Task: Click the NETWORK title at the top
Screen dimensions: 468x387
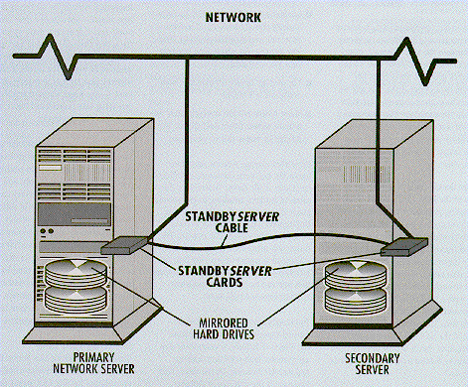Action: pyautogui.click(x=234, y=18)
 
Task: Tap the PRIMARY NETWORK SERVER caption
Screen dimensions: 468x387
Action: pyautogui.click(x=93, y=363)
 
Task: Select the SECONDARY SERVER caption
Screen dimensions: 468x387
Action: pyautogui.click(x=373, y=364)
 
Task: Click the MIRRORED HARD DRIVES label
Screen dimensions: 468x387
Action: pyautogui.click(x=224, y=328)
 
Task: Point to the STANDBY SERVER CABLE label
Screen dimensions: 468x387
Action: pyautogui.click(x=232, y=222)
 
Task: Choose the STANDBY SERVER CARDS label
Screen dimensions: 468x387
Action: pyautogui.click(x=225, y=277)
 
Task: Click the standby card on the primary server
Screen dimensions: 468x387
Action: pyautogui.click(x=123, y=245)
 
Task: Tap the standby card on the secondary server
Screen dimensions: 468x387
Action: pyautogui.click(x=404, y=247)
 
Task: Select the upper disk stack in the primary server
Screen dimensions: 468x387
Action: pyautogui.click(x=77, y=274)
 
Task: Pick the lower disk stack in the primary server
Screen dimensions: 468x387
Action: pyautogui.click(x=77, y=300)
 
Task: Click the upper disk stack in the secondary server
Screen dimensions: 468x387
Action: pyautogui.click(x=356, y=276)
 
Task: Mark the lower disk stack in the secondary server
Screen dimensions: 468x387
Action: pyautogui.click(x=356, y=302)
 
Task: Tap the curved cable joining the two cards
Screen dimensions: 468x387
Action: pyautogui.click(x=264, y=239)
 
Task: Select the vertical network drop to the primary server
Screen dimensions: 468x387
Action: pyautogui.click(x=187, y=131)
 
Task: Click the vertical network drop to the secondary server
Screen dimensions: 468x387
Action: pyautogui.click(x=379, y=132)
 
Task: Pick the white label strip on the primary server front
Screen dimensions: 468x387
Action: pyautogui.click(x=50, y=168)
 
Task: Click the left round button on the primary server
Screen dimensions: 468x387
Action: pyautogui.click(x=43, y=231)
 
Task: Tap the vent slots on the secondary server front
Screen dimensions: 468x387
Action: pyautogui.click(x=367, y=175)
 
